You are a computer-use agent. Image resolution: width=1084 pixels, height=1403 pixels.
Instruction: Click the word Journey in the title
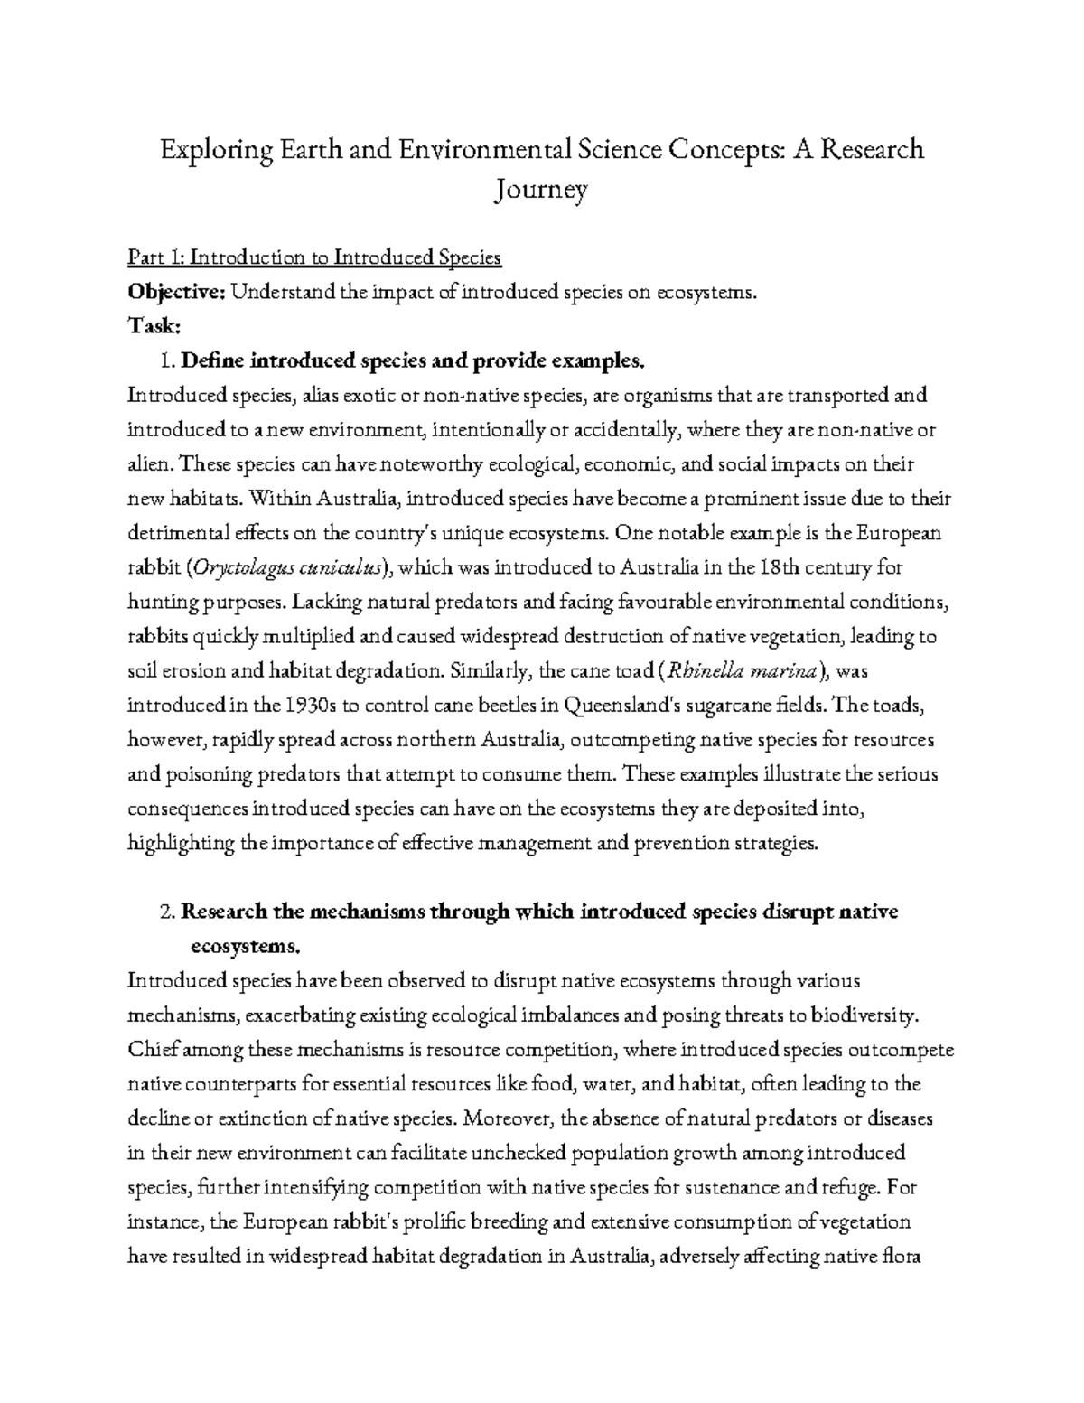pos(541,191)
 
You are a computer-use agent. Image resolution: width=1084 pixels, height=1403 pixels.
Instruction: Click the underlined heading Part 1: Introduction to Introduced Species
pos(314,258)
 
